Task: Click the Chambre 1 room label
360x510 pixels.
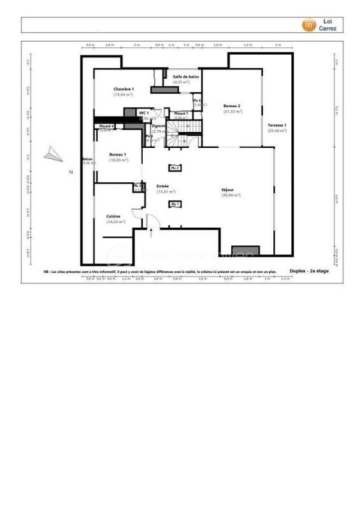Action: click(124, 89)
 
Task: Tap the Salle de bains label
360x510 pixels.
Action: click(185, 76)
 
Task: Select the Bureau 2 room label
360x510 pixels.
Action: click(231, 105)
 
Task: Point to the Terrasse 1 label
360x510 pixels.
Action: click(276, 125)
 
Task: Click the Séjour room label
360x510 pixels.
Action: click(230, 189)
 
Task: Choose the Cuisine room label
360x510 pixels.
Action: click(114, 217)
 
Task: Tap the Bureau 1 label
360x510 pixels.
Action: click(118, 154)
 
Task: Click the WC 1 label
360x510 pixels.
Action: click(144, 113)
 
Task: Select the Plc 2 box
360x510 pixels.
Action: click(174, 168)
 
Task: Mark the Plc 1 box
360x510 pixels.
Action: click(174, 203)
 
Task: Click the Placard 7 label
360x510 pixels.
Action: click(181, 113)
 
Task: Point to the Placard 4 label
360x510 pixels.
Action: click(106, 126)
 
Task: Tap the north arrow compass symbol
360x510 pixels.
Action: click(54, 154)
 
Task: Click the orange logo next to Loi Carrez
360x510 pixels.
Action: click(308, 25)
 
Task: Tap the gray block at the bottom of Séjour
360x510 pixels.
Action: click(245, 250)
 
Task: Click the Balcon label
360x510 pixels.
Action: click(87, 160)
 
